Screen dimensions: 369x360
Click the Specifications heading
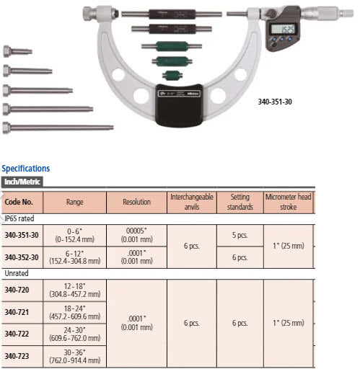click(26, 169)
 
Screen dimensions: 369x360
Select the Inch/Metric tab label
click(20, 182)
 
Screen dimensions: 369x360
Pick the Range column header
click(74, 203)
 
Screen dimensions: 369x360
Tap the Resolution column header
click(136, 203)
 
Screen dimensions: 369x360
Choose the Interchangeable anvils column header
click(191, 202)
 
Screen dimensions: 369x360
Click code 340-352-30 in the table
click(22, 257)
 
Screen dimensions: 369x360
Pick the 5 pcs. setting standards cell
click(240, 235)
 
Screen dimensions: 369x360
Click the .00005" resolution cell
click(136, 231)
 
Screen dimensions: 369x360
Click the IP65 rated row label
click(19, 217)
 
